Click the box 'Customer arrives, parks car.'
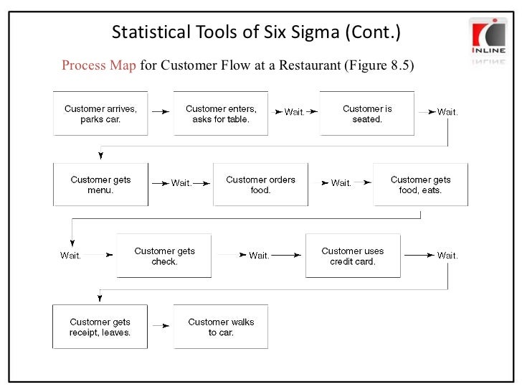click(101, 113)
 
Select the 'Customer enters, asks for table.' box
click(221, 113)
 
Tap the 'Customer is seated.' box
click(367, 113)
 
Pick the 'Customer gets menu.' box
click(101, 185)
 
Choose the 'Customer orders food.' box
click(260, 185)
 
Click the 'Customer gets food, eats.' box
click(420, 185)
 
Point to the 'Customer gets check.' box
click(164, 256)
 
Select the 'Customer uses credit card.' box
click(353, 256)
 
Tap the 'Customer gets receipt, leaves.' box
click(100, 327)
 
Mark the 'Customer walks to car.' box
click(221, 327)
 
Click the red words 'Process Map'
click(98, 66)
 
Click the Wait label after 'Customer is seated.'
click(447, 112)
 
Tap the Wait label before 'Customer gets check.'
click(70, 256)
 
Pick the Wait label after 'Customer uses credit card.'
click(447, 255)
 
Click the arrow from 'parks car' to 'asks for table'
click(161, 112)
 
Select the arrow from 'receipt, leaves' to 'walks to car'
click(161, 326)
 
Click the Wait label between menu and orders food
click(181, 183)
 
